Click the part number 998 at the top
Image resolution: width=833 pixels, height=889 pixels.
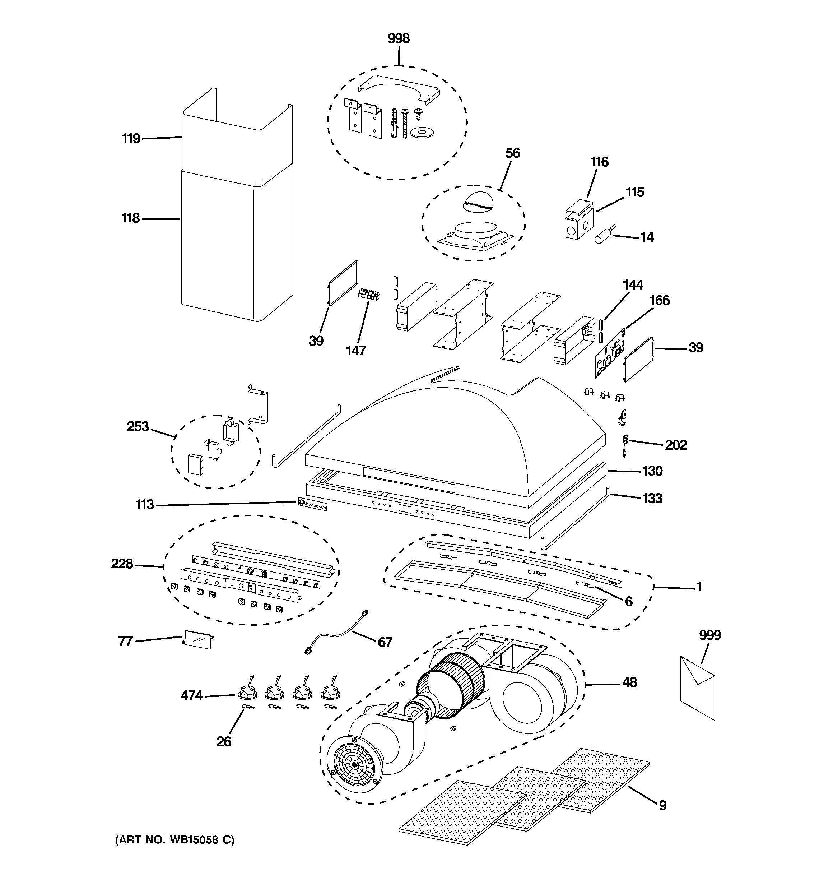[x=399, y=39]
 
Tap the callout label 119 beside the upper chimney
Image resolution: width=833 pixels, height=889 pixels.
[x=131, y=138]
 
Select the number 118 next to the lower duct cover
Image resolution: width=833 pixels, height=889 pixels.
[x=131, y=218]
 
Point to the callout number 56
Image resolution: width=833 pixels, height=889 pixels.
[x=512, y=153]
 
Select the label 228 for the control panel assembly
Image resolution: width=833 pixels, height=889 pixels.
[x=122, y=564]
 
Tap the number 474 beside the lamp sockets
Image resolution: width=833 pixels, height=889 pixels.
[x=191, y=695]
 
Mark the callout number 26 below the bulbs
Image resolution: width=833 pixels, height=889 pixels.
[x=224, y=741]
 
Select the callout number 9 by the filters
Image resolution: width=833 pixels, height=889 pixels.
[x=662, y=805]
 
